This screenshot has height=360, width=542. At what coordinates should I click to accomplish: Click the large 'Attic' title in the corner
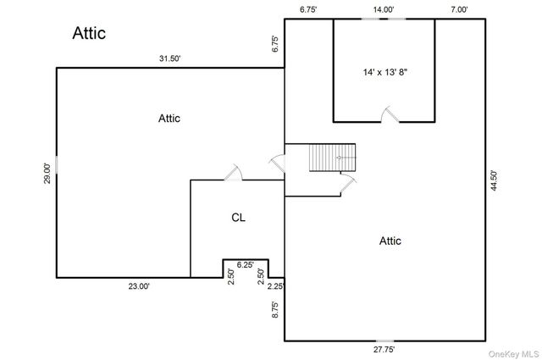(x=89, y=33)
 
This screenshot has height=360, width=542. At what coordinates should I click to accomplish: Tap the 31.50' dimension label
(x=169, y=58)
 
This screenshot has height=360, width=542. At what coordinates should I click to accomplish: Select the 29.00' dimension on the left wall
(x=47, y=174)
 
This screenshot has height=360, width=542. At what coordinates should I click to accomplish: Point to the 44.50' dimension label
(x=494, y=180)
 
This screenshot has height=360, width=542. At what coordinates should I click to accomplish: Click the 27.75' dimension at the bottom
(x=384, y=350)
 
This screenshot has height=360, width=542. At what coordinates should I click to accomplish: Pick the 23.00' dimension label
(x=139, y=286)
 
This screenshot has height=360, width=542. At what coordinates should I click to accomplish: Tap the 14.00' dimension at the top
(x=384, y=9)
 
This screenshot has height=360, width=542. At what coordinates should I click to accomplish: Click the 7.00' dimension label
(x=459, y=9)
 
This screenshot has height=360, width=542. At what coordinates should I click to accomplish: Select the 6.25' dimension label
(x=245, y=265)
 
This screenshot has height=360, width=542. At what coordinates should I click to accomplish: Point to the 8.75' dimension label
(x=275, y=309)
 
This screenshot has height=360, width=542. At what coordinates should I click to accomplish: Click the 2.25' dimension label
(x=276, y=286)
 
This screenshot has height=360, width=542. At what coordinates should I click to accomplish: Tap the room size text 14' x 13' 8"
(x=385, y=72)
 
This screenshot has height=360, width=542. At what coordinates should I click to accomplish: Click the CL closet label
(x=238, y=218)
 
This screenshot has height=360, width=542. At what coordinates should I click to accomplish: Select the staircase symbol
(x=332, y=158)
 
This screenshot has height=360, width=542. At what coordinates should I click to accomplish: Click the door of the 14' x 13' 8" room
(x=390, y=114)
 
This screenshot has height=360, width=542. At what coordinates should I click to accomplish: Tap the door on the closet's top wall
(x=234, y=173)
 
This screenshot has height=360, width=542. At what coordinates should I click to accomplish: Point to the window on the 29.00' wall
(x=57, y=165)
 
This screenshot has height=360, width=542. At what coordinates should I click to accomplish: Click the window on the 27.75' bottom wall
(x=384, y=341)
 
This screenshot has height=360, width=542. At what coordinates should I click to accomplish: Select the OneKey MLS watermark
(x=514, y=354)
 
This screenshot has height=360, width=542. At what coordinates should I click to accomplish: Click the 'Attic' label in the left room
(x=169, y=119)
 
